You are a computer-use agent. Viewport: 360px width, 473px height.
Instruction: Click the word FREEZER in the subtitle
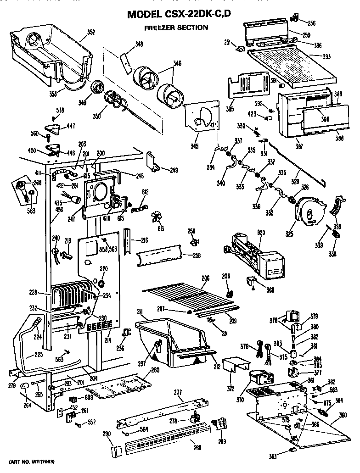(x=160, y=28)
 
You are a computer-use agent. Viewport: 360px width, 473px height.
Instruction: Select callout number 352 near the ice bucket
(x=91, y=32)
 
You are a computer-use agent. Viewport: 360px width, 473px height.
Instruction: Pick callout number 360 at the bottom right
(x=342, y=416)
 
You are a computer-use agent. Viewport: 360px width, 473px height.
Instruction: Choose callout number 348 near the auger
(x=139, y=45)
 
